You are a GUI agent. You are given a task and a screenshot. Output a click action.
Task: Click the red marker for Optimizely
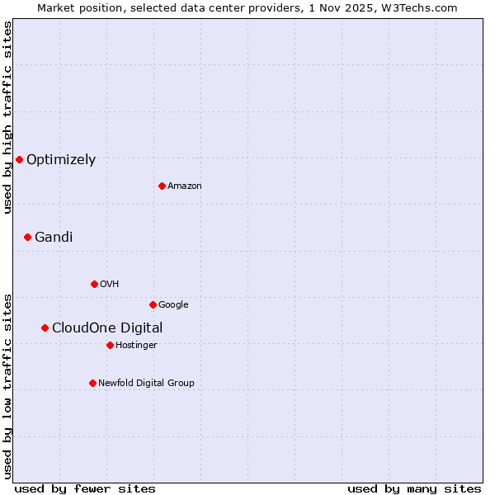tap(19, 159)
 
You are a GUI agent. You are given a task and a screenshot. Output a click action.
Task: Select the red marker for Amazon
tap(162, 186)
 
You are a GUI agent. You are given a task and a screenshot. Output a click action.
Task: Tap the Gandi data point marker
tap(27, 237)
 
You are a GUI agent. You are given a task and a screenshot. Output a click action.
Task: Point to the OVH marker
tap(94, 284)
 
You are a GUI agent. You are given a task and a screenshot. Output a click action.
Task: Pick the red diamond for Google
tap(153, 304)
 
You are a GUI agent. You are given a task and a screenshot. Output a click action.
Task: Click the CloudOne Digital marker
tap(45, 328)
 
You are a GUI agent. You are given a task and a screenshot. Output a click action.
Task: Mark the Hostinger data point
tap(110, 345)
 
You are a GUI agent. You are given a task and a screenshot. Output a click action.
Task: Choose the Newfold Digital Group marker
tap(92, 383)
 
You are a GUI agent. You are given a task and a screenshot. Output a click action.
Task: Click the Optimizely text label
tap(61, 160)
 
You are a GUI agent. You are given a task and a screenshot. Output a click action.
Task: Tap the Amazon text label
tap(185, 186)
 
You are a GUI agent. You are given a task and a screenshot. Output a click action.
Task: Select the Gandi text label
tap(54, 238)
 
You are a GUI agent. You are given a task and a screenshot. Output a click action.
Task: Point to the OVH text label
tap(110, 285)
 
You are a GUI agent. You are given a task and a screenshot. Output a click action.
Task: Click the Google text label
tap(173, 305)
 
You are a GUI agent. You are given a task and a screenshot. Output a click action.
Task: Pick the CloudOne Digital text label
tap(107, 328)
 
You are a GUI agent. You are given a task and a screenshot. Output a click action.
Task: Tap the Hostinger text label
tap(136, 346)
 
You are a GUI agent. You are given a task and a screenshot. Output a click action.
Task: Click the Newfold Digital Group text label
tap(146, 384)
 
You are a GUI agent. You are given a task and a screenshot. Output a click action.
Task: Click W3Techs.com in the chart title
tap(424, 7)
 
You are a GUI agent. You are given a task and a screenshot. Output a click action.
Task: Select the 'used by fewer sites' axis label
tap(85, 488)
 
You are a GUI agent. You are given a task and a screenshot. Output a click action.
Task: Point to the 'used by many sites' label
tap(414, 488)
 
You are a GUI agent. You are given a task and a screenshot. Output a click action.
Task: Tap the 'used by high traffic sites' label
tap(7, 118)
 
